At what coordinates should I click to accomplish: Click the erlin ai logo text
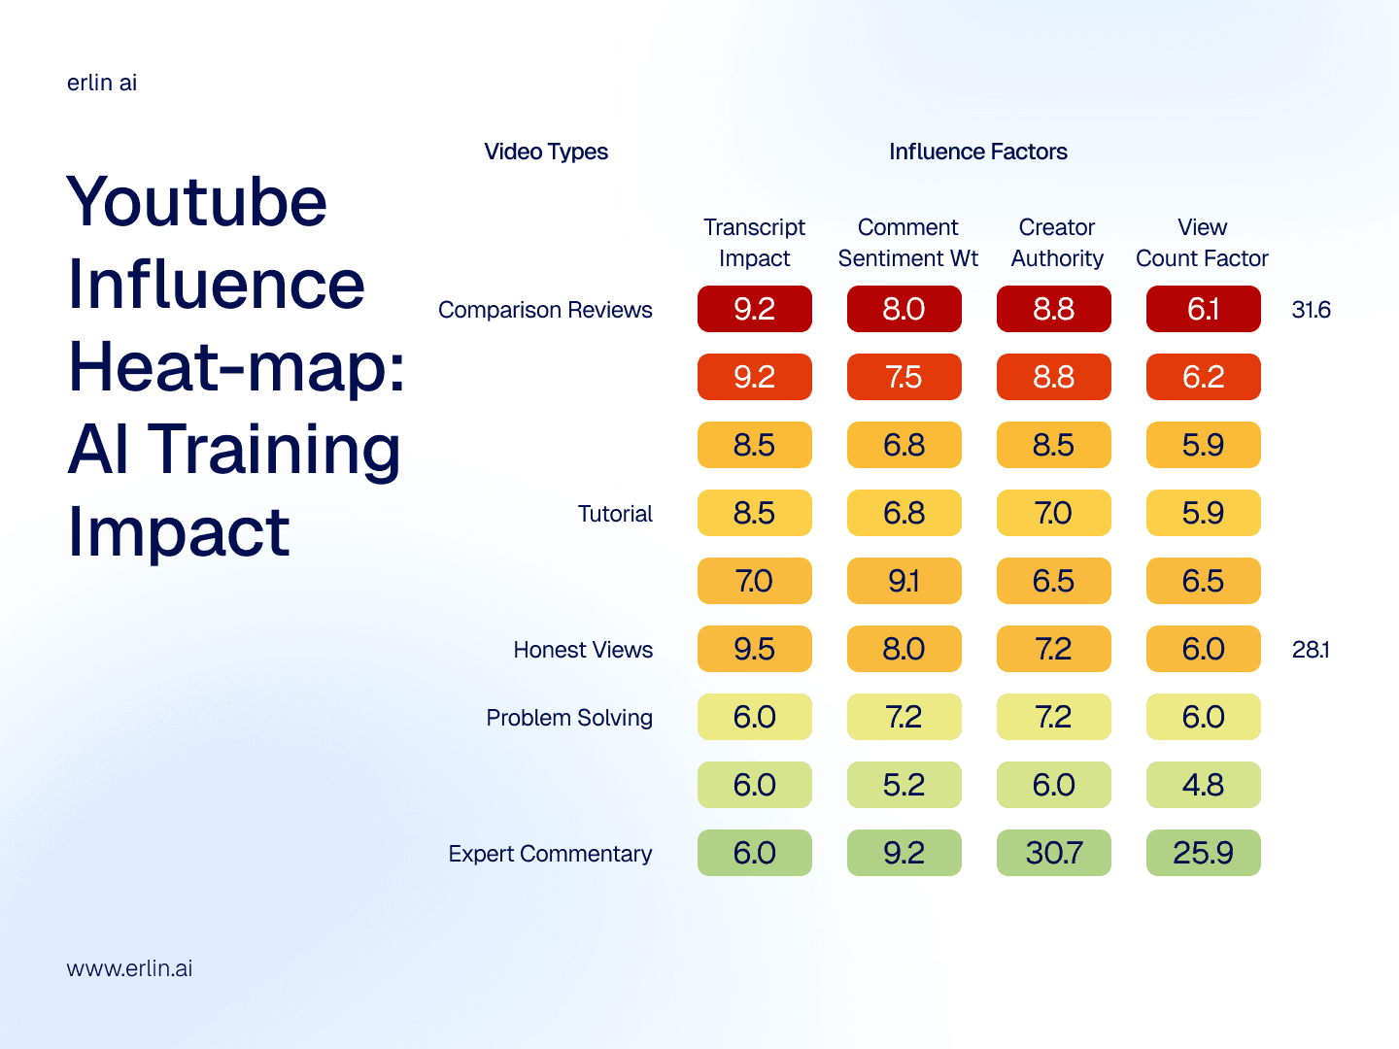pyautogui.click(x=102, y=83)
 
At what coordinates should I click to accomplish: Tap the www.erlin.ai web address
pyautogui.click(x=129, y=968)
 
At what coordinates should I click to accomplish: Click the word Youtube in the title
pyautogui.click(x=197, y=202)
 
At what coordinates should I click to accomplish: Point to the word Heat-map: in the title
pyautogui.click(x=237, y=367)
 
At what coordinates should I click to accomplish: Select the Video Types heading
pyautogui.click(x=546, y=152)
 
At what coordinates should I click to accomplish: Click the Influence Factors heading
pyautogui.click(x=977, y=152)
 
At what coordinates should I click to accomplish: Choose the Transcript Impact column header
pyautogui.click(x=754, y=243)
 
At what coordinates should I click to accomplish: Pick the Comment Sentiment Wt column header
pyautogui.click(x=907, y=243)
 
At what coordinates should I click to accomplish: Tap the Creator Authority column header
pyautogui.click(x=1057, y=243)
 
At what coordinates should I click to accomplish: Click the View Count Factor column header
pyautogui.click(x=1202, y=243)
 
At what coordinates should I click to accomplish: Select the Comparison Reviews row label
pyautogui.click(x=545, y=310)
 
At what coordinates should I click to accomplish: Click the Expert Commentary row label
pyautogui.click(x=550, y=854)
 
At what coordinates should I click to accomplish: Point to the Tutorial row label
pyautogui.click(x=615, y=514)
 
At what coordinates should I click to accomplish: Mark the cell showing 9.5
pyautogui.click(x=754, y=649)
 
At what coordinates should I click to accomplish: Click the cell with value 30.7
pyautogui.click(x=1054, y=853)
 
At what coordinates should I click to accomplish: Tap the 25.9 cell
pyautogui.click(x=1203, y=853)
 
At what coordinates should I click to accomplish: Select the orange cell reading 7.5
pyautogui.click(x=904, y=377)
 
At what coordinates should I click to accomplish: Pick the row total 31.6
pyautogui.click(x=1311, y=310)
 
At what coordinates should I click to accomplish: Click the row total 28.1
pyautogui.click(x=1311, y=650)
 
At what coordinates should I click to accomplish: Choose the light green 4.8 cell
pyautogui.click(x=1203, y=785)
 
